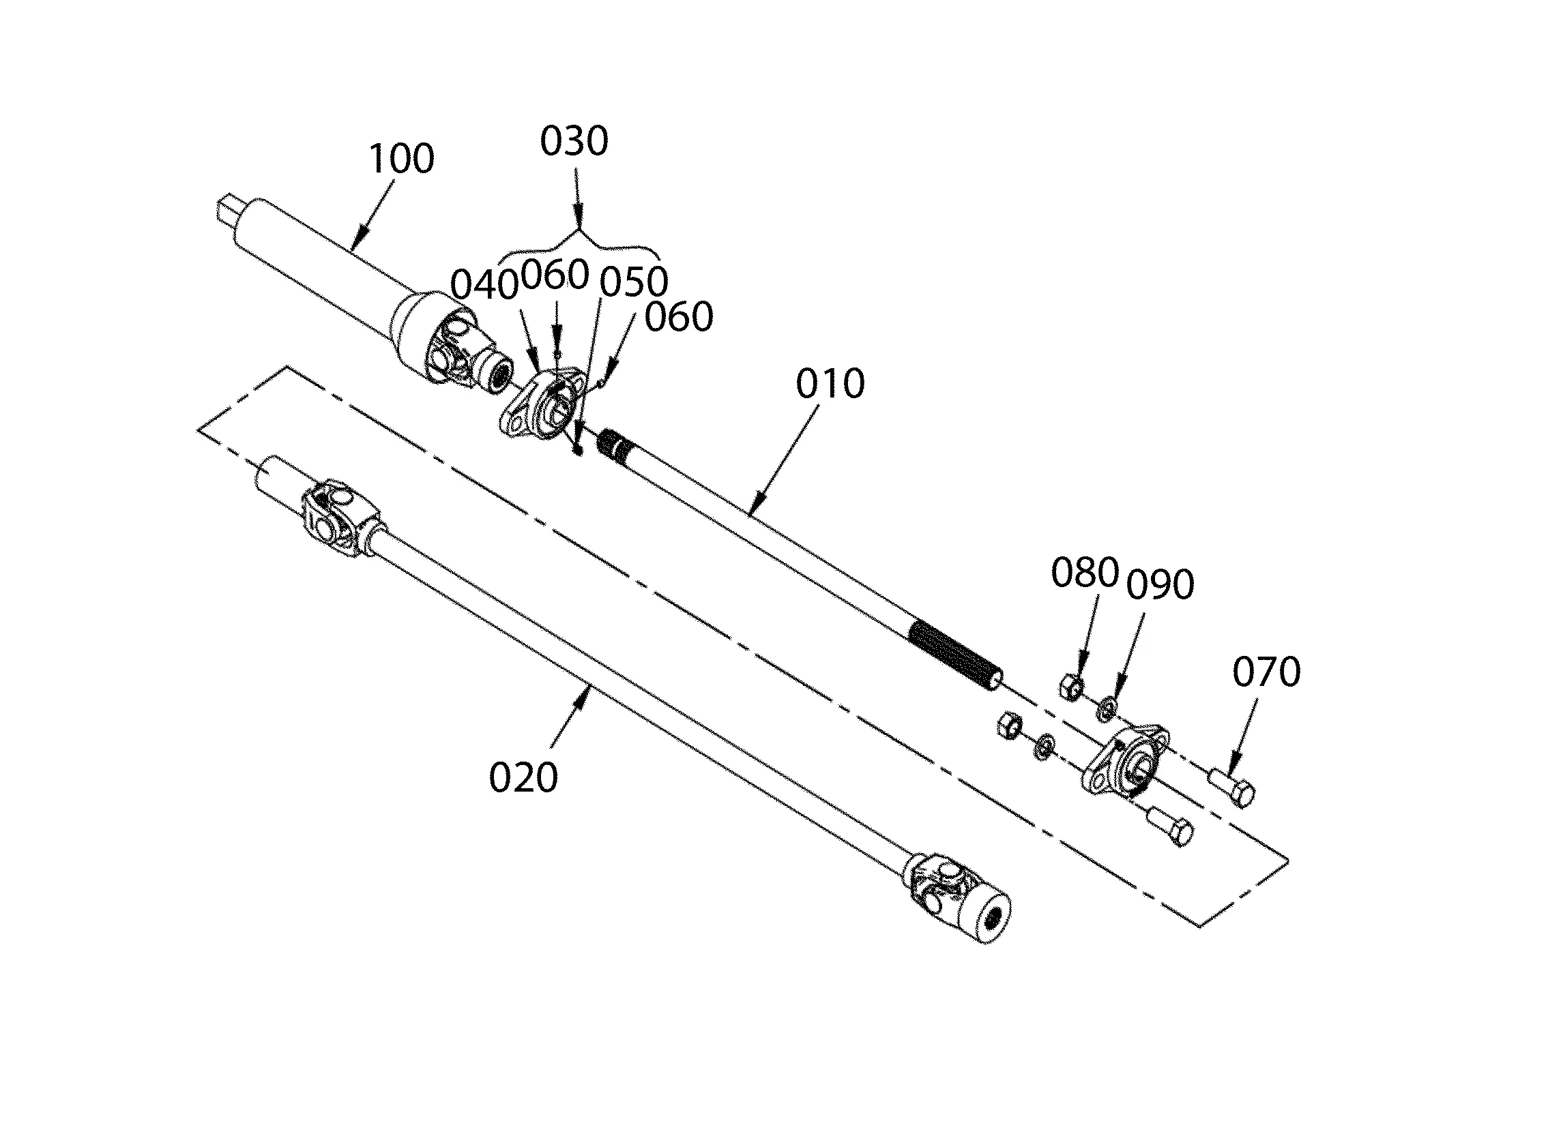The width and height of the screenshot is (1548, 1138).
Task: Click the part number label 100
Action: tap(402, 158)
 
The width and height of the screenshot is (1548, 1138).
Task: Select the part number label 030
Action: tap(574, 141)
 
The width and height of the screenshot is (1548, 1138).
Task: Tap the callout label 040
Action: tap(484, 285)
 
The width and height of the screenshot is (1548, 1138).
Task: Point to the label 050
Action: tap(632, 282)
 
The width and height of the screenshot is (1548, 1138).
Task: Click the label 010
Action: tap(830, 384)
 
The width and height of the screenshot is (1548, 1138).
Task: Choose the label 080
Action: tap(1084, 573)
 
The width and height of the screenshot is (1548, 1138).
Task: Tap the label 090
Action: tap(1160, 584)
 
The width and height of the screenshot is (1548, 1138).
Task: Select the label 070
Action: tap(1266, 672)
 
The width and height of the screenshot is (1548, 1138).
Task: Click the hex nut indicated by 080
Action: tap(1071, 687)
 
